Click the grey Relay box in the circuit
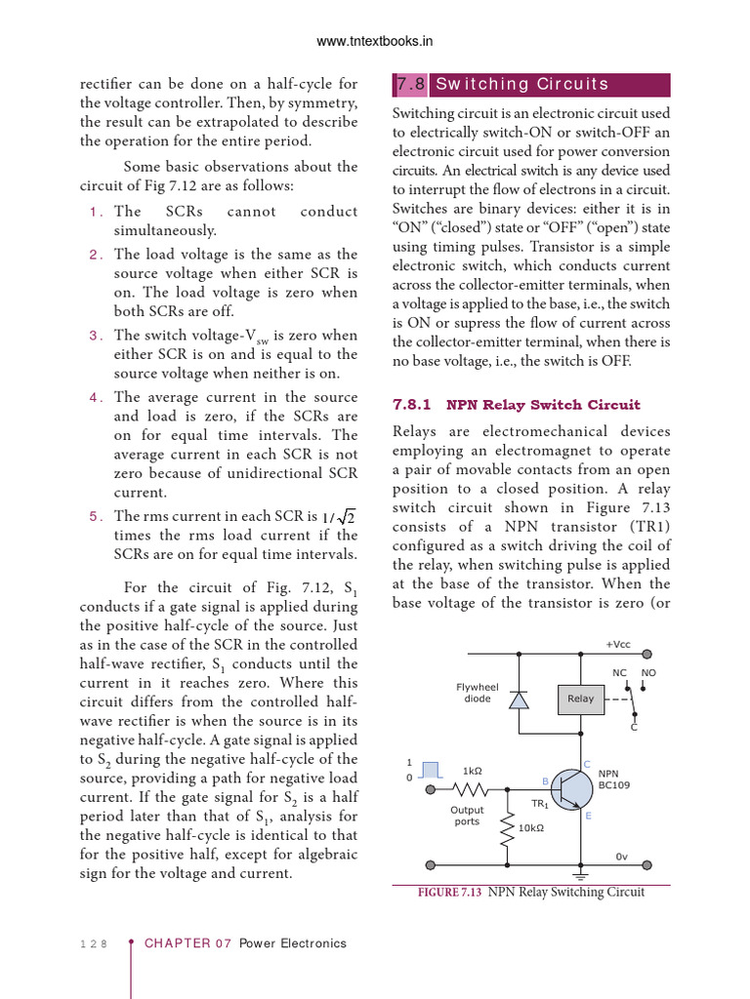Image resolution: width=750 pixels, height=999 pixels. coord(580,699)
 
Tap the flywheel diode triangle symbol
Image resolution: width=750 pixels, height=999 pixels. coord(521,699)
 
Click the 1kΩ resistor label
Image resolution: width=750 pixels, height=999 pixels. coord(472,771)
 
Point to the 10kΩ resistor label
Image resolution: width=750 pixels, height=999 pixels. coord(531,828)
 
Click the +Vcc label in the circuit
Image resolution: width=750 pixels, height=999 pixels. coord(619,645)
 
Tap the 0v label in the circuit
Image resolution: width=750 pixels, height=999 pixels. coord(621,857)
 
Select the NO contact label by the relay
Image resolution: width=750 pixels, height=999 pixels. coord(648,673)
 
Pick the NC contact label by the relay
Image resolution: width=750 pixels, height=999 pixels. coord(619,673)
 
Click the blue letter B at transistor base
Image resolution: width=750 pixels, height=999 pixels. coord(545,780)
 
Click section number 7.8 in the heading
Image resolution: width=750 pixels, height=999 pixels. coord(410,85)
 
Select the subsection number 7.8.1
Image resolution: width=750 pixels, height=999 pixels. coord(412,405)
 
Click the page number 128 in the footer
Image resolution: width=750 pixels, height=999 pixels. coord(92,943)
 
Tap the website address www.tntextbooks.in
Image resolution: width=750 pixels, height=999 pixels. coord(375,41)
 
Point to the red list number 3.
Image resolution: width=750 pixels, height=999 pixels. coord(95,336)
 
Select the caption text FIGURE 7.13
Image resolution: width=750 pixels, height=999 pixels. coord(450,892)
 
